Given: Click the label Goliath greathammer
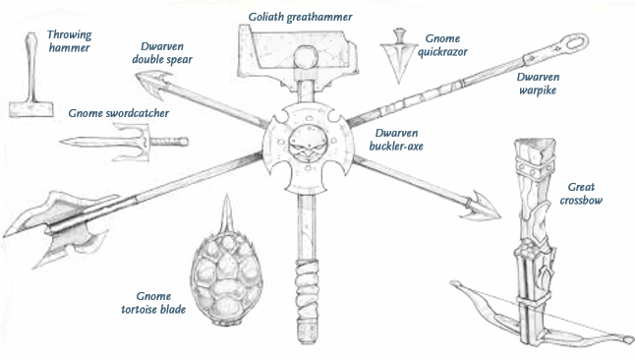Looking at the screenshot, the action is [x=300, y=17].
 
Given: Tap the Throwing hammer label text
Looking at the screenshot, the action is [x=69, y=41].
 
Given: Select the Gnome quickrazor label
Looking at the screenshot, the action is [x=442, y=45].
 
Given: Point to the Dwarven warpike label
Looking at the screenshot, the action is [x=538, y=83].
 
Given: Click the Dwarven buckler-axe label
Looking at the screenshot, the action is [x=396, y=139].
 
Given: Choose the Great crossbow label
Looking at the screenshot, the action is [x=581, y=193].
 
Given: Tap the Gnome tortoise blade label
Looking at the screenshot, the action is [x=153, y=302].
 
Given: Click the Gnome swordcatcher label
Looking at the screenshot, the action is [x=118, y=113].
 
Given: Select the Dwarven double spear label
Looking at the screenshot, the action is [x=162, y=53].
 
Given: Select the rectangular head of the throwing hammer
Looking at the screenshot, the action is [x=31, y=109].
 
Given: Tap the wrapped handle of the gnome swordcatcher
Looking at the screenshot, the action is [x=169, y=142].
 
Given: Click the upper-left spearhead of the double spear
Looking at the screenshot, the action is [x=153, y=83].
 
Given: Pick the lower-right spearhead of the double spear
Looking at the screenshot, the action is [x=482, y=207].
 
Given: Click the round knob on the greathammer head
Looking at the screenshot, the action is [x=306, y=58].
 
